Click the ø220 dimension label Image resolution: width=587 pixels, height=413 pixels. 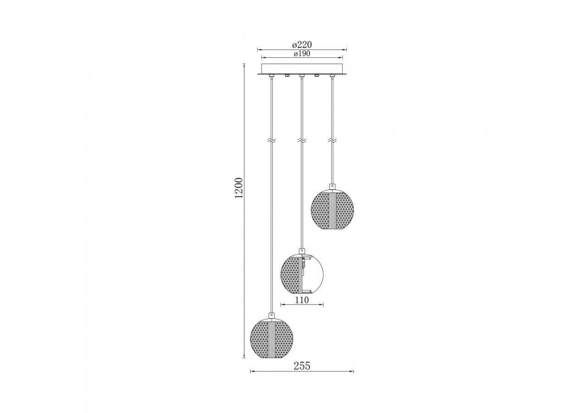302,45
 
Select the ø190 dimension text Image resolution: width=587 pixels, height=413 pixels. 302,54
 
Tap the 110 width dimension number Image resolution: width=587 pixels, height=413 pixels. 302,300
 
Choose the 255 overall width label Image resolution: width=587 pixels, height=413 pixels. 302,366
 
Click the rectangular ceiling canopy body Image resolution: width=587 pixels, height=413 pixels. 302,68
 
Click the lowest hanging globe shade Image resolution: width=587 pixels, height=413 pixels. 272,338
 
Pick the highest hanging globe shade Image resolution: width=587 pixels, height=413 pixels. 332,211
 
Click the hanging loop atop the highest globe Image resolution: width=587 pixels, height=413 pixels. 332,187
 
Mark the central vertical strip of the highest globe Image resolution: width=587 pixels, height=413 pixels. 332,211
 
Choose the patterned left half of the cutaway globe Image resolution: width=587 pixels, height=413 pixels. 290,274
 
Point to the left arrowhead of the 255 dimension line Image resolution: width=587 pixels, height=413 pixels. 251,371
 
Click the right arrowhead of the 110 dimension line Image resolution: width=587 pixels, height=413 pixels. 322,304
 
